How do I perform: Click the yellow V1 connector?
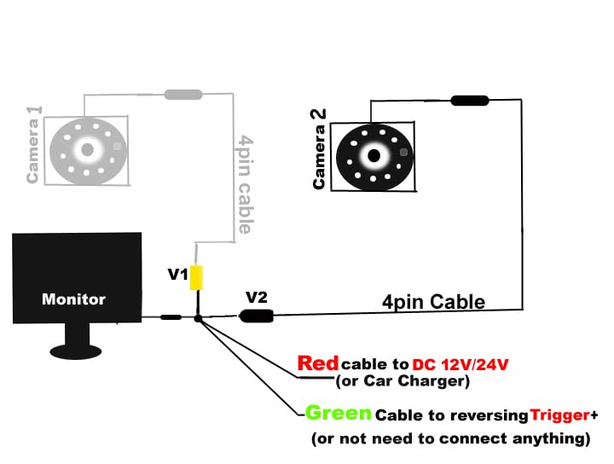point(196,278)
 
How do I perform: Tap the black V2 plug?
point(257,316)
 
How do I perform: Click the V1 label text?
point(177,275)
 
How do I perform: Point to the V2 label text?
point(257,298)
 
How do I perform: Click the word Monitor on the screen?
point(73,299)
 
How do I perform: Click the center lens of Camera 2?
point(374,155)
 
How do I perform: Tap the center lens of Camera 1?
point(87,150)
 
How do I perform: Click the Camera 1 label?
point(34,145)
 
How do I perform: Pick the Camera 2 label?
point(319,148)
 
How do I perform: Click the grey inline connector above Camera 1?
point(182,94)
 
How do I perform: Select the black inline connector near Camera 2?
point(470,101)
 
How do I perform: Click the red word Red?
point(317,363)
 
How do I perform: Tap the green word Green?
point(339,414)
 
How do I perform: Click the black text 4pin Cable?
point(433,301)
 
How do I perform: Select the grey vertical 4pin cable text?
point(245,184)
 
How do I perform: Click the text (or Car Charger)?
point(403,381)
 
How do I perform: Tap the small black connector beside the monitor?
point(171,317)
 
